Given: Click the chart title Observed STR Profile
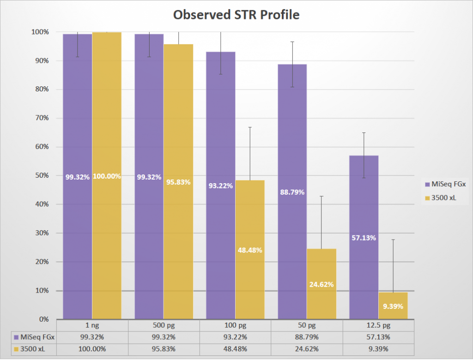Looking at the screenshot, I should tap(236, 15).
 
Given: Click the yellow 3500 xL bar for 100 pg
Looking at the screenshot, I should tap(250, 277).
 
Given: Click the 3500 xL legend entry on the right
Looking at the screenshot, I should tap(444, 198).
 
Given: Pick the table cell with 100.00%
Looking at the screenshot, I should tap(92, 348).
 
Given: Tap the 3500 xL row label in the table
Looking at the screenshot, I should tap(32, 348).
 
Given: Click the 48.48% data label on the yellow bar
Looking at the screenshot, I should tap(250, 250).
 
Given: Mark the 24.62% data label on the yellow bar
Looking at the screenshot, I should tap(321, 284).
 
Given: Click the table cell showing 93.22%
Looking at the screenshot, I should tap(236, 337).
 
